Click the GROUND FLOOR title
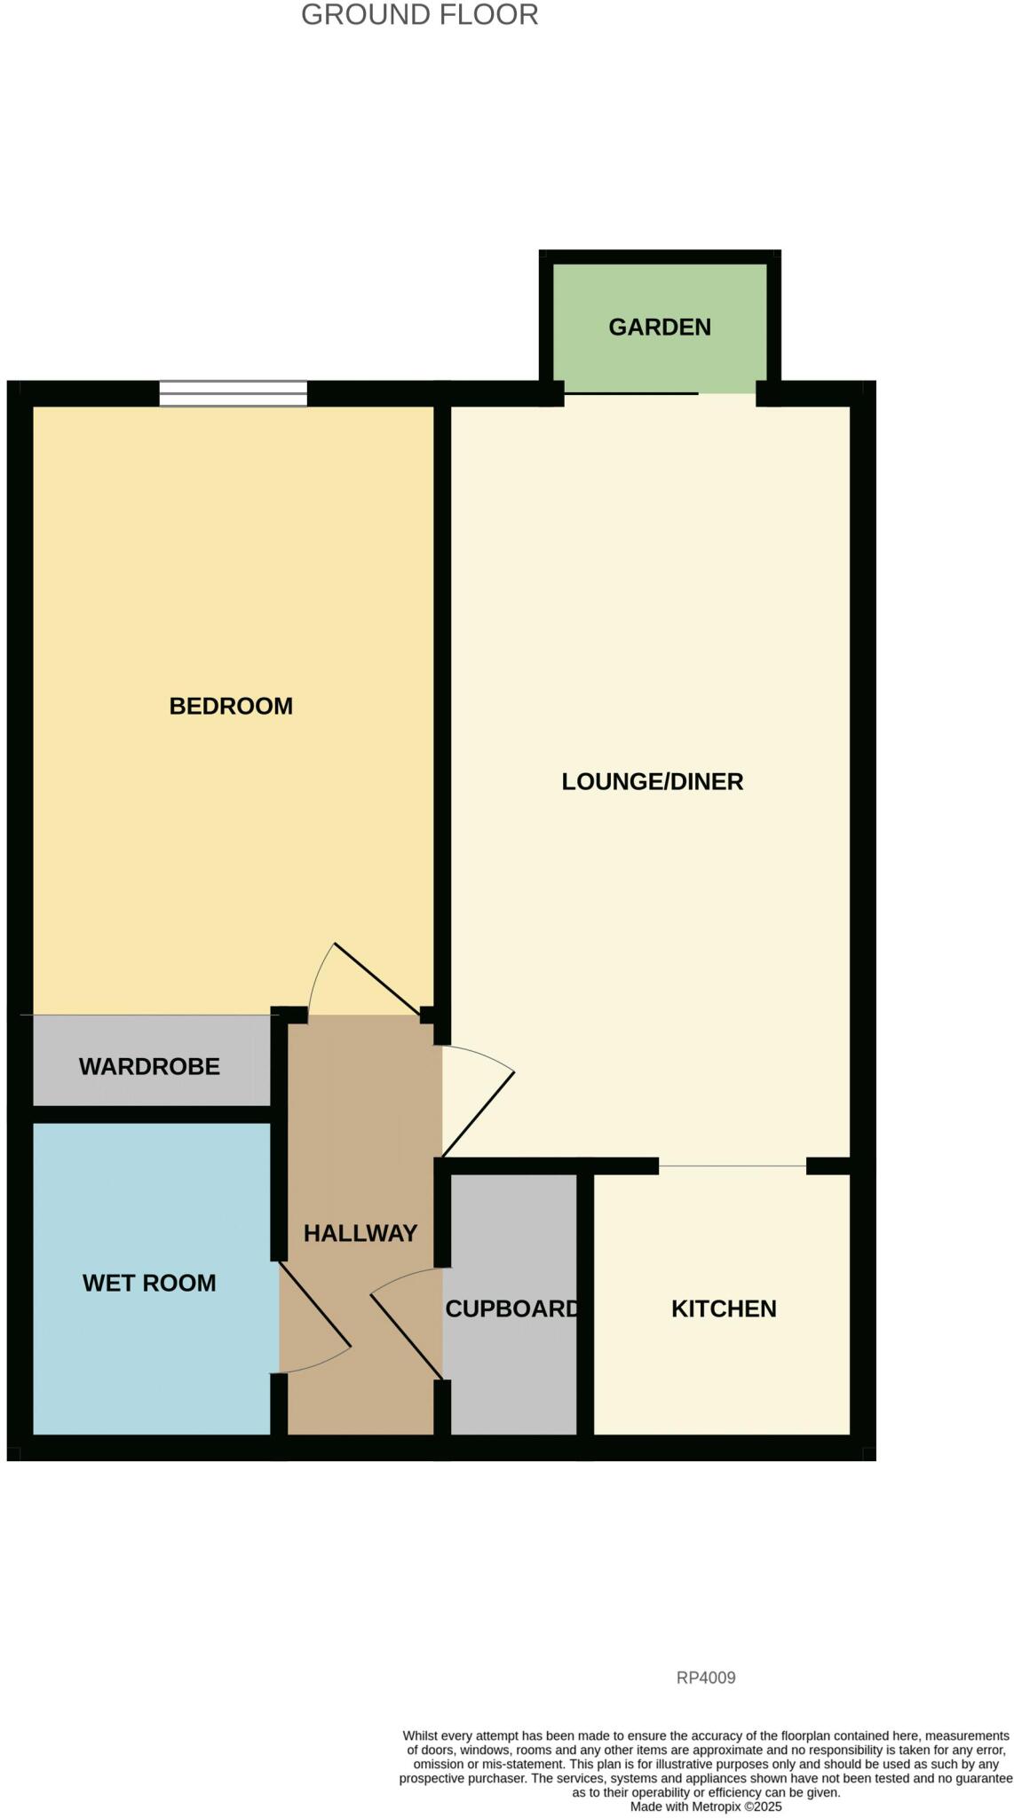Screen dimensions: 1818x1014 419,15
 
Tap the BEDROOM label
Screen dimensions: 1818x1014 231,706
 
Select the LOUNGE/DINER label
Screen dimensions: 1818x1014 652,781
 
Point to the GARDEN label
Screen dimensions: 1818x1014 660,327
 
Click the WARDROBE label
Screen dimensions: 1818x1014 149,1066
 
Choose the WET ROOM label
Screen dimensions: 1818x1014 149,1283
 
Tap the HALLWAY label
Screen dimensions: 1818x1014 360,1233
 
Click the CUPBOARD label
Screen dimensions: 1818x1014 511,1308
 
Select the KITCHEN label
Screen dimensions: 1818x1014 724,1308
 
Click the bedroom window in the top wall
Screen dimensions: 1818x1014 233,393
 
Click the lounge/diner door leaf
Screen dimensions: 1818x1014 479,1115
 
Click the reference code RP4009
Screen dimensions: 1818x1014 706,1678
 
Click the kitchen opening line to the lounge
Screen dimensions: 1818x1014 733,1166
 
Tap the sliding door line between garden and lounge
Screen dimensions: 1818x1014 630,393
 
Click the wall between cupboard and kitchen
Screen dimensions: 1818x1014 585,1305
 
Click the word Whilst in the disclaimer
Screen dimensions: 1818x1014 422,1735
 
